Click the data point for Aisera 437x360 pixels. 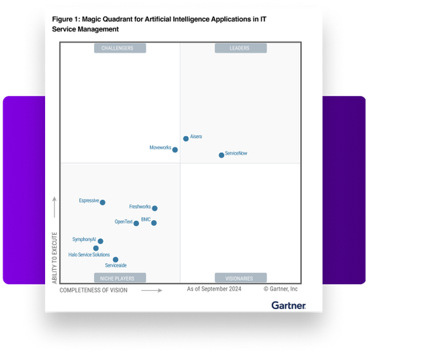(186, 138)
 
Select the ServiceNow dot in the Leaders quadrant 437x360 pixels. (221, 155)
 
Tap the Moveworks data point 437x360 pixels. (175, 150)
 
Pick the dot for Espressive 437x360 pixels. (102, 203)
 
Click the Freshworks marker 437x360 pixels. (154, 208)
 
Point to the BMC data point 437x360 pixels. (154, 223)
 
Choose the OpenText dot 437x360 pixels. (136, 223)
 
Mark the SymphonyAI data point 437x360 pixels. (101, 241)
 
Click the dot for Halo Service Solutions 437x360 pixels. (95, 249)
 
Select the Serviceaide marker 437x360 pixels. (115, 259)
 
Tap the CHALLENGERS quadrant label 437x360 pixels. (120, 48)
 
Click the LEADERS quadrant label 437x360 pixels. (240, 48)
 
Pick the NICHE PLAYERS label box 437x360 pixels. (120, 278)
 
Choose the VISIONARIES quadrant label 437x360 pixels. (240, 278)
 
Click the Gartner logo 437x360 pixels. (288, 305)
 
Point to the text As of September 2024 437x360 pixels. (214, 289)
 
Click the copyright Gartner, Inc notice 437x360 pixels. (280, 289)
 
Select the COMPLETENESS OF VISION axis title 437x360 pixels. (93, 290)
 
